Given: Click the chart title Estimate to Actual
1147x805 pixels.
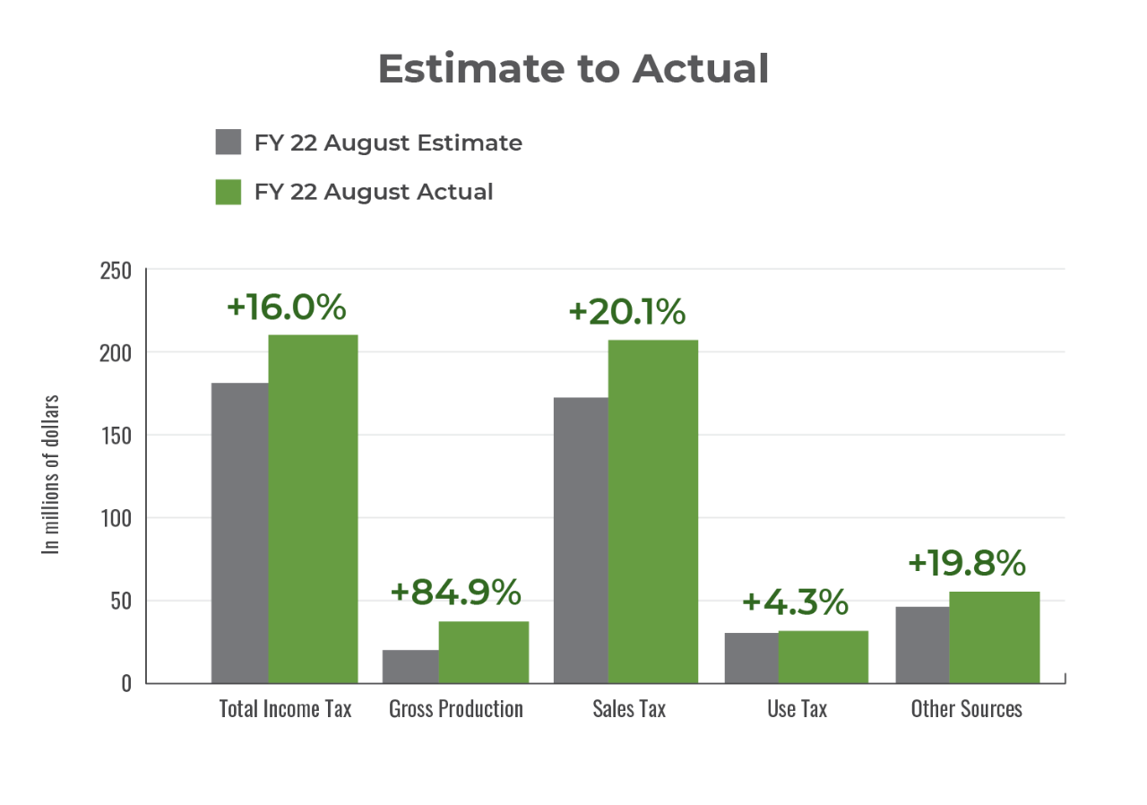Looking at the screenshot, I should pos(573,69).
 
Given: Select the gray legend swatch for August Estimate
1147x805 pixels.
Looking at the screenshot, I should pos(229,143).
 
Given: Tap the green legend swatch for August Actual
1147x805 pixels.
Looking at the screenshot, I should pos(229,191).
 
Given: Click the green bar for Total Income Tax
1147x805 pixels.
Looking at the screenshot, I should pos(314,508).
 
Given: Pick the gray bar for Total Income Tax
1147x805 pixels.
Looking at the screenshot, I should pos(239,532).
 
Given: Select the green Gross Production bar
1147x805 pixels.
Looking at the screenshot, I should pos(484,652).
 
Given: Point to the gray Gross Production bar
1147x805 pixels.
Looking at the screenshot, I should pos(410,666).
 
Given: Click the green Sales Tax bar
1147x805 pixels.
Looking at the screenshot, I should pos(653,510).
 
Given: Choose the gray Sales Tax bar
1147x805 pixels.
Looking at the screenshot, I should pos(580,540).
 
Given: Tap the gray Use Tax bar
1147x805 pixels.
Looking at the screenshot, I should pos(751,658).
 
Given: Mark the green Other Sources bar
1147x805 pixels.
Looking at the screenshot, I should pos(995,636).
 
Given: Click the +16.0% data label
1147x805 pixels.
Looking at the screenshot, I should pos(286,307).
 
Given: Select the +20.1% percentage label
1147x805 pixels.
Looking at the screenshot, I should pos(626,312).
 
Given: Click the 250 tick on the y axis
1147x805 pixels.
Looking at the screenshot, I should pos(114,270).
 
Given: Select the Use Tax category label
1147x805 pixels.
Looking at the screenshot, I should pos(797,708).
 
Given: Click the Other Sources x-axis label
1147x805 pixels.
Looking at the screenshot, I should pos(966,708).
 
